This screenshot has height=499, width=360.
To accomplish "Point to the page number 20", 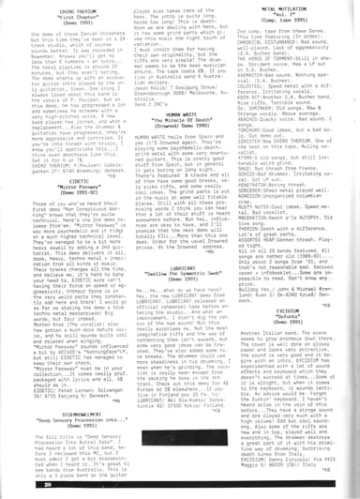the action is click(x=18, y=489).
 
